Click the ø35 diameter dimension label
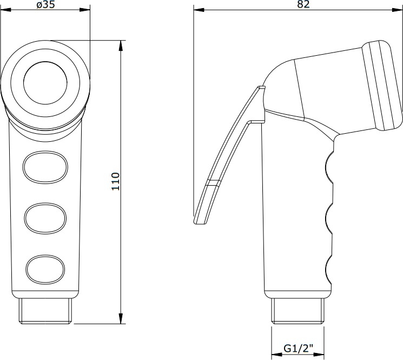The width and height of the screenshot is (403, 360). click(45, 4)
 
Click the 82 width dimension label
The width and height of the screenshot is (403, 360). click(303, 4)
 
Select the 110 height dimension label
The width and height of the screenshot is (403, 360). click(116, 181)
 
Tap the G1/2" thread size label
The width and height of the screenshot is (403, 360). click(299, 349)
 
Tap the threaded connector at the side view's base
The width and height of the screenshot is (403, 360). click(298, 311)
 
